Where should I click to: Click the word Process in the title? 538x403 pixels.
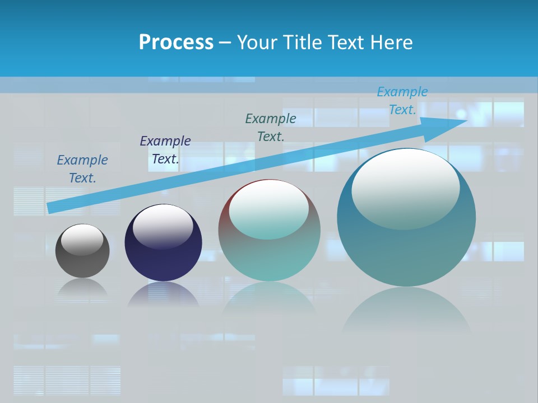[176, 43]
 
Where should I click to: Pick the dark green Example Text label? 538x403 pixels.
[271, 127]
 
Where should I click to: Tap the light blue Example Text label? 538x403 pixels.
[402, 101]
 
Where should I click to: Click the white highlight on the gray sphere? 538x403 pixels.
[82, 240]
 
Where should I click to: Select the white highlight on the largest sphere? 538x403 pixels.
[405, 188]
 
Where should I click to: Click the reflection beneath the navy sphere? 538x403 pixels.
[163, 295]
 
